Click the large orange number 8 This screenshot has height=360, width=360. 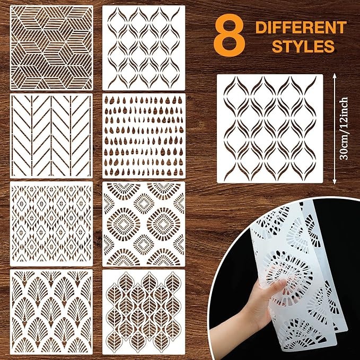230,35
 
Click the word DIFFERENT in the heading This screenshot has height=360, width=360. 301,28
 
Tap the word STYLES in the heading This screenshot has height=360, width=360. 303,46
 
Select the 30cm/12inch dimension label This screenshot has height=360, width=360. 344,128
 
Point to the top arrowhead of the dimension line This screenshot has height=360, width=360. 334,76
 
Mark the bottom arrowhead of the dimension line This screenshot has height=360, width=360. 334,182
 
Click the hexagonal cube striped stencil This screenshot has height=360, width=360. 51,48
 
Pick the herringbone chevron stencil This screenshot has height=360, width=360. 51,136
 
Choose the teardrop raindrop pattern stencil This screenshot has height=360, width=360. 144,136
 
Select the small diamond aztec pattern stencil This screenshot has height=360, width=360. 51,224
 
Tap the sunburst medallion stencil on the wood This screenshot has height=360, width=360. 144,224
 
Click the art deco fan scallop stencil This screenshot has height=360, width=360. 51,312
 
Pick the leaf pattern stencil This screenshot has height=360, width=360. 144,312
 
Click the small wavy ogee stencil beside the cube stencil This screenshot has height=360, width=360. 144,48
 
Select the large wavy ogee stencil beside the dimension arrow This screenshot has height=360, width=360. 270,128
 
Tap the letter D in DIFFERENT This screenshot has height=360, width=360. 261,28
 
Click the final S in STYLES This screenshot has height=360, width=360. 329,46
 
